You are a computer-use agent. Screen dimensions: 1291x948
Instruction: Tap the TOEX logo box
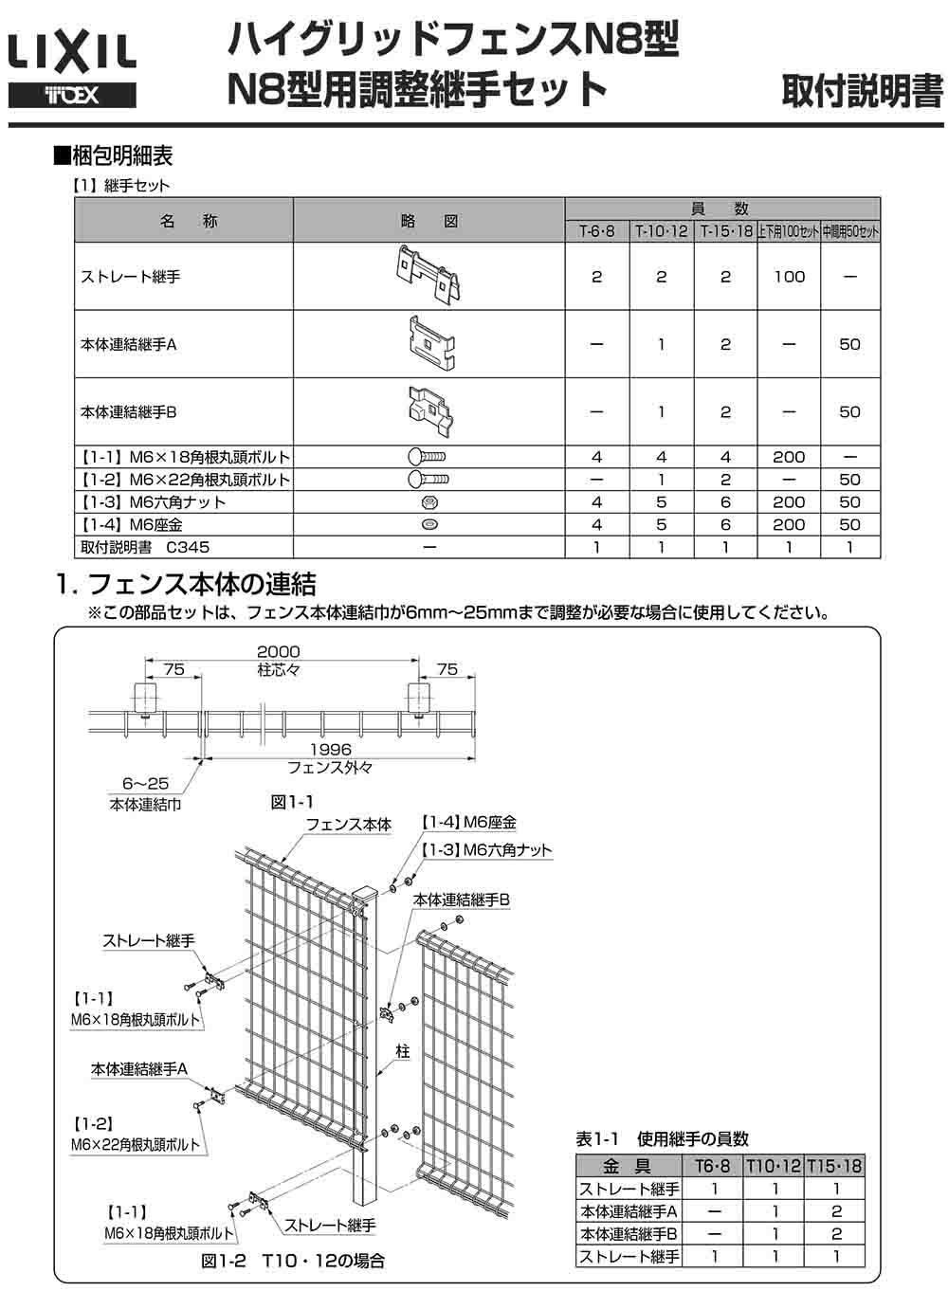point(72,96)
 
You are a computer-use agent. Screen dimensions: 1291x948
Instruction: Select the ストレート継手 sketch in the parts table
point(428,275)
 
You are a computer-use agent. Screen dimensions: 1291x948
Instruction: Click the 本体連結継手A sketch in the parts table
point(429,343)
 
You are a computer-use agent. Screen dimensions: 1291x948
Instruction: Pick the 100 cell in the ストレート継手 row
point(789,277)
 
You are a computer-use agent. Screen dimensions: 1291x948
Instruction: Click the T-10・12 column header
point(661,231)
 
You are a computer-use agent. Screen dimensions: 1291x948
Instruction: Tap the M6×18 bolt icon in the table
point(428,457)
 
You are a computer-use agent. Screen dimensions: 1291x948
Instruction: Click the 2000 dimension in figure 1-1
point(278,652)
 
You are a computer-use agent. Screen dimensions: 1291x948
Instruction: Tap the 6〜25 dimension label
point(145,784)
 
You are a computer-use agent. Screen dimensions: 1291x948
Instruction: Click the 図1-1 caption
point(292,803)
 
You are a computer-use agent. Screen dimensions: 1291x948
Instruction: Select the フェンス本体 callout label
point(348,826)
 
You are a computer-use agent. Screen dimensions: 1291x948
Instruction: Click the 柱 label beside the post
point(403,1052)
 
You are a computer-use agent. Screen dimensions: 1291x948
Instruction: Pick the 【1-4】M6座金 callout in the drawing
point(469,823)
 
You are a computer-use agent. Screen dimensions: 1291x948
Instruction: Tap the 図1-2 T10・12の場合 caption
point(293,1262)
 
